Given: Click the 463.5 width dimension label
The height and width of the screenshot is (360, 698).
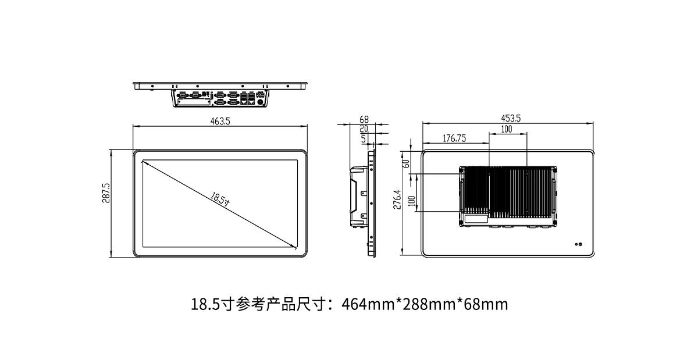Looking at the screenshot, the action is [x=220, y=121].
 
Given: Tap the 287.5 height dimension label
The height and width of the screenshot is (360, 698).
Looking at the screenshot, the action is [x=106, y=193].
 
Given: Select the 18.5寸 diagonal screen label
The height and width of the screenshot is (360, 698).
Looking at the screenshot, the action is [x=220, y=199].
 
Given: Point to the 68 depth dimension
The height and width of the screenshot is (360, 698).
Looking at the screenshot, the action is [x=364, y=119].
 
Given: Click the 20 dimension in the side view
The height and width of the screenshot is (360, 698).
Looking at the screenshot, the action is [x=364, y=129].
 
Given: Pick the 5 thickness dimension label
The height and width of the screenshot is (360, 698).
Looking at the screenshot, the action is [x=364, y=139].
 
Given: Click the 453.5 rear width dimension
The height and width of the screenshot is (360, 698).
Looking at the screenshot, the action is [x=511, y=119].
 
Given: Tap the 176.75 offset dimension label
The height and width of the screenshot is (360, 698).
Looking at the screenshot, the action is [x=454, y=138].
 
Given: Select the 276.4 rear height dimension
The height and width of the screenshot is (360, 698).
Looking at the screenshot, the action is [x=397, y=199].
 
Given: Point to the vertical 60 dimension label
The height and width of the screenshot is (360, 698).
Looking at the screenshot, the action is [x=407, y=163].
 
